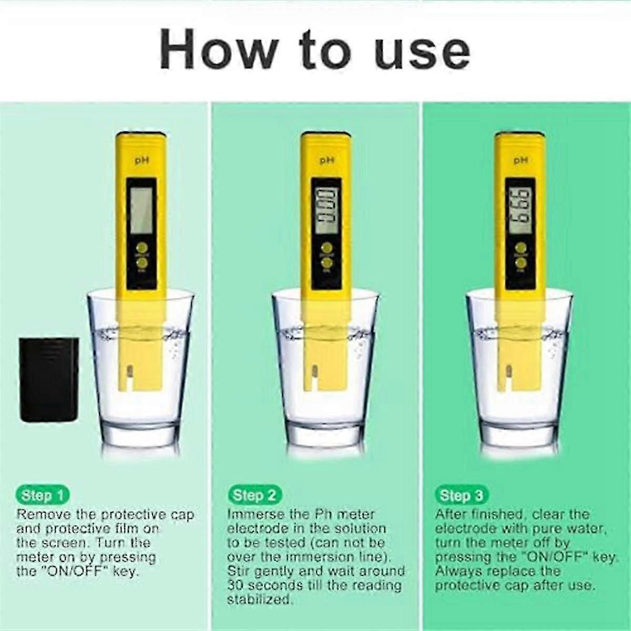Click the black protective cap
[x=49, y=379]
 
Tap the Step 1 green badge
[x=44, y=495]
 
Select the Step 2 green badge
[x=255, y=495]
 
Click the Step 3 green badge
[x=461, y=495]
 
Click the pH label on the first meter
[x=140, y=162]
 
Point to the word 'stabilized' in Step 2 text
[x=259, y=600]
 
